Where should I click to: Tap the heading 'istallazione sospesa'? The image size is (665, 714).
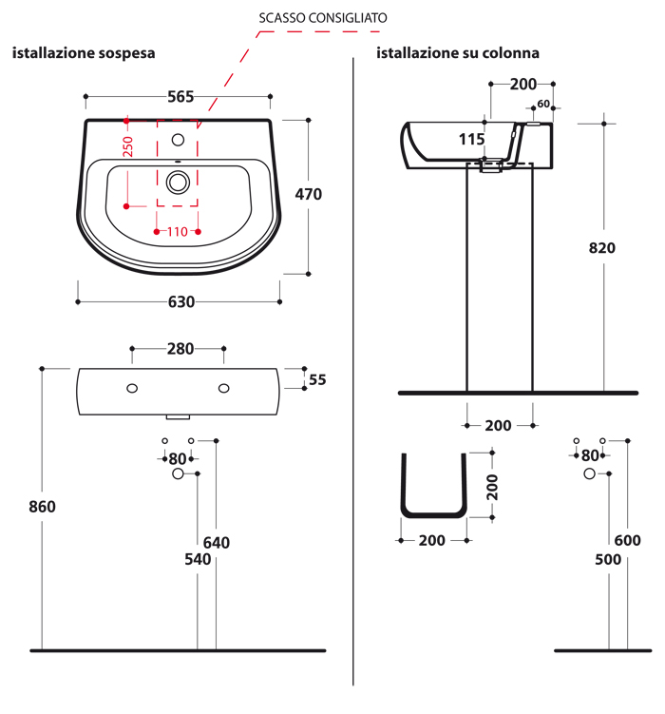(84, 53)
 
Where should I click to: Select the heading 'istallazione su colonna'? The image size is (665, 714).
(458, 53)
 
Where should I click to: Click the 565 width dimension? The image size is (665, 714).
(180, 97)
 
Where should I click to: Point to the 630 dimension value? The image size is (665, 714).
(180, 302)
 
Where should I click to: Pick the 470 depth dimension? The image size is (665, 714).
(309, 194)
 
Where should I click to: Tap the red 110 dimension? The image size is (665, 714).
(178, 232)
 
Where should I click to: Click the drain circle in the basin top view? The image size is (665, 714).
(179, 180)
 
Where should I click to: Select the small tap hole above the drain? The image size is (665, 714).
(179, 140)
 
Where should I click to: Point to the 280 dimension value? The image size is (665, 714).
(180, 349)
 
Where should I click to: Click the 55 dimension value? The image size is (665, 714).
(316, 379)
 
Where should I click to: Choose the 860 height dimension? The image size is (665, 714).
(43, 507)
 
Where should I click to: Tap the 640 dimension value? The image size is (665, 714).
(217, 543)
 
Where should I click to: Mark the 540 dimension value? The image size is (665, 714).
(197, 560)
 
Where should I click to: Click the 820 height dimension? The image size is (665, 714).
(602, 248)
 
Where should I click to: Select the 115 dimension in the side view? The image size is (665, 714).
(471, 139)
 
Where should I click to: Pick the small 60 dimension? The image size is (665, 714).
(544, 104)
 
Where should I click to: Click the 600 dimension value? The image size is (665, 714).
(627, 541)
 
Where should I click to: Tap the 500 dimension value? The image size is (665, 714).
(608, 560)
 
